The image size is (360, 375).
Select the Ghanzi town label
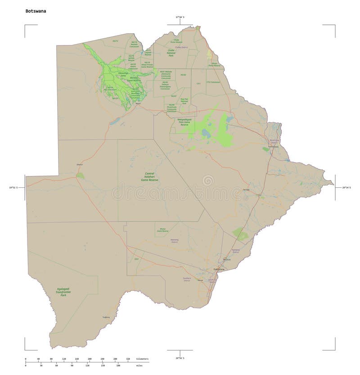pos(80,165)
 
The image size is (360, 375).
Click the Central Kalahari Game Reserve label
pos(149,176)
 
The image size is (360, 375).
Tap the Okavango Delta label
pos(123,73)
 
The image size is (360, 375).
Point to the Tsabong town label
pos(106,317)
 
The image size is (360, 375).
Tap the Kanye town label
pos(201,280)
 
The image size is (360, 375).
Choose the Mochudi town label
pos(226,260)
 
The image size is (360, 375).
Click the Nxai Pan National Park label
pos(184,101)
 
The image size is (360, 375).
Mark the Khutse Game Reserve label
pos(162,230)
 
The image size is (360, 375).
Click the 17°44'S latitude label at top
pos(180,17)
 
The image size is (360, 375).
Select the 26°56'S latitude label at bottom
pos(180,357)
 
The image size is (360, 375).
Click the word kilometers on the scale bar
pos(143,359)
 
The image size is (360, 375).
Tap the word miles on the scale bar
pos(139,365)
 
